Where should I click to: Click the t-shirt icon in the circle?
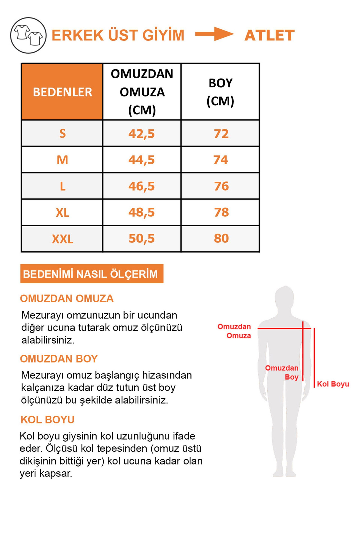click(x=28, y=35)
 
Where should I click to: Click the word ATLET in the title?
click(x=269, y=35)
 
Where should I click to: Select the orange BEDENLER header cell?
click(x=62, y=92)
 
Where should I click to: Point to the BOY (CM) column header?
click(x=220, y=92)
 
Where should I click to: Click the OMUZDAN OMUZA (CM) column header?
click(x=142, y=92)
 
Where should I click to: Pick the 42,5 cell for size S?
click(x=142, y=134)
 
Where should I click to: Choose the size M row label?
click(x=62, y=160)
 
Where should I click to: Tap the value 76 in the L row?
click(x=221, y=186)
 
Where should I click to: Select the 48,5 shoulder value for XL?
click(x=142, y=212)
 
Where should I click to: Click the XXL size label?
click(x=62, y=239)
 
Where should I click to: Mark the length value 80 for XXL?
click(x=221, y=238)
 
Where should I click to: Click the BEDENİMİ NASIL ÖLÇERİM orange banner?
click(x=92, y=274)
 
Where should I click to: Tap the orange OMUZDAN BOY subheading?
click(x=59, y=359)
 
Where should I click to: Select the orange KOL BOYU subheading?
click(x=47, y=419)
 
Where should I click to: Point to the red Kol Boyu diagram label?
click(x=333, y=384)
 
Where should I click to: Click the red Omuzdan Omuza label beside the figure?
click(x=235, y=331)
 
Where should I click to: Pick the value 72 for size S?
click(x=221, y=134)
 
